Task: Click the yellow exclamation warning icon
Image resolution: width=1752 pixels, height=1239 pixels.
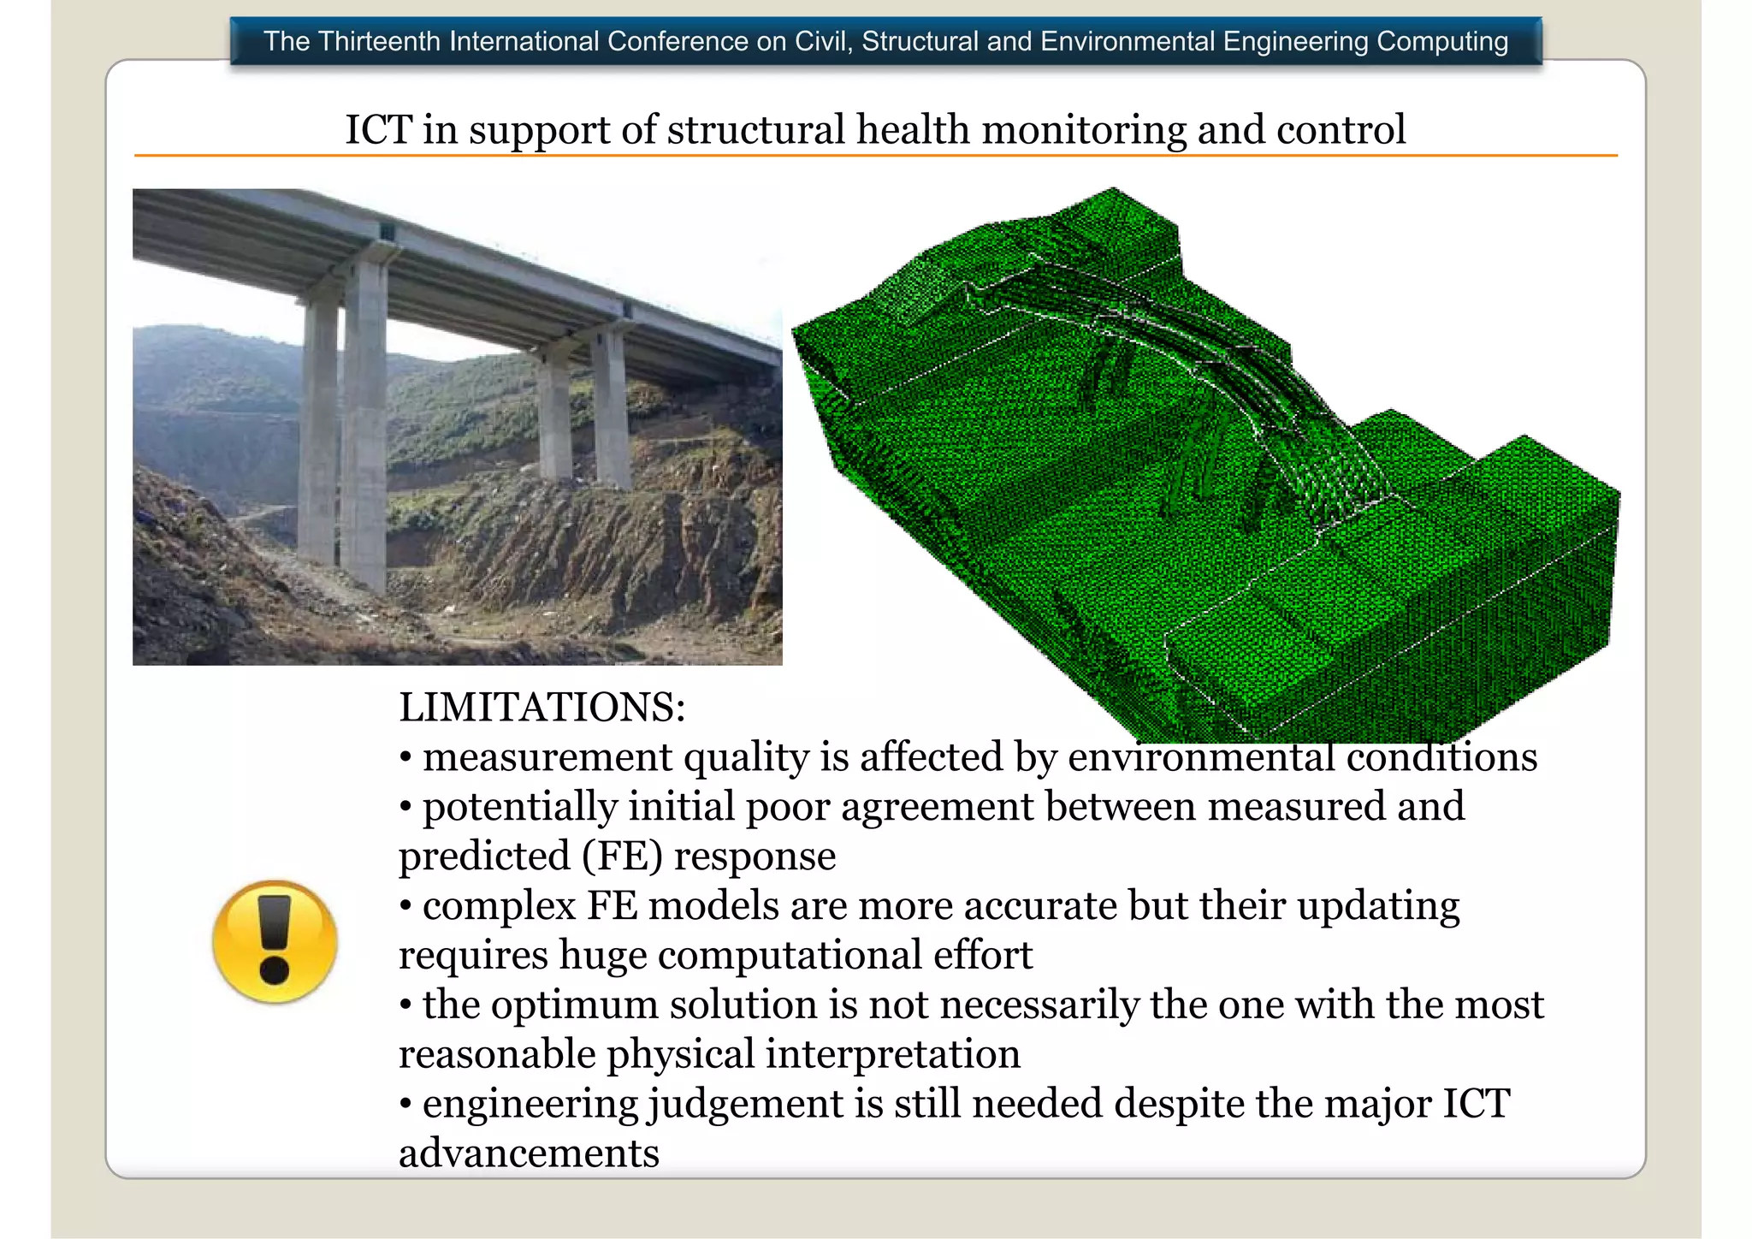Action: pos(275,941)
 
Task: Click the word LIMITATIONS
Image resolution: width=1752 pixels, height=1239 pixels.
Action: pos(542,708)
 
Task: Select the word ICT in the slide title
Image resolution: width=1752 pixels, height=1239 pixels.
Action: pos(378,130)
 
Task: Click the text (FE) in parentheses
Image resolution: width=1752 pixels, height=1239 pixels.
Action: pos(623,857)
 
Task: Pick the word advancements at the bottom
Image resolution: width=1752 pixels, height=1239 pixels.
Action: pos(529,1153)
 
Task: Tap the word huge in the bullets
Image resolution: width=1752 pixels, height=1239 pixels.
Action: pos(603,956)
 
